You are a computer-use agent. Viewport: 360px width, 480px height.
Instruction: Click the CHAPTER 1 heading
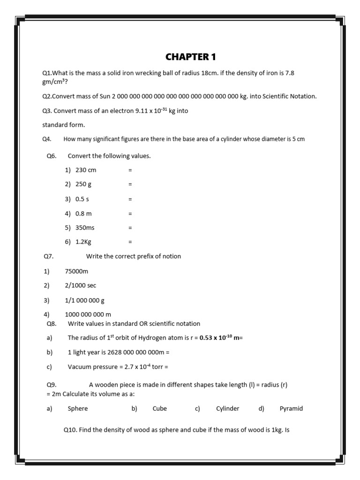tap(191, 57)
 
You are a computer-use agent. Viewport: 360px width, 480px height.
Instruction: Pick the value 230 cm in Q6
tap(85, 170)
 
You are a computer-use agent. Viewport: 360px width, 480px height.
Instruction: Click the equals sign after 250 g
tap(130, 185)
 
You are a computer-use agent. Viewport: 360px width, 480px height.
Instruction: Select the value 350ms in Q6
tap(85, 228)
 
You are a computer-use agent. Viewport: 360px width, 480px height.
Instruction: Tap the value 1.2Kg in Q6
tap(83, 242)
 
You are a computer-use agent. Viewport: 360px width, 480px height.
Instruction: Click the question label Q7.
tap(48, 256)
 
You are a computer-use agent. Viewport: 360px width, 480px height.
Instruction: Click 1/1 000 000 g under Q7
tap(84, 300)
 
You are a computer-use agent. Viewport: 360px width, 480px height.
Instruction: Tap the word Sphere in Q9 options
tap(78, 409)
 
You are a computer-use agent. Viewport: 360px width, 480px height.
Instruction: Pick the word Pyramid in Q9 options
tap(291, 409)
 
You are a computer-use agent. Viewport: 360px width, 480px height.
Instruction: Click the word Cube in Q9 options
tap(160, 409)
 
